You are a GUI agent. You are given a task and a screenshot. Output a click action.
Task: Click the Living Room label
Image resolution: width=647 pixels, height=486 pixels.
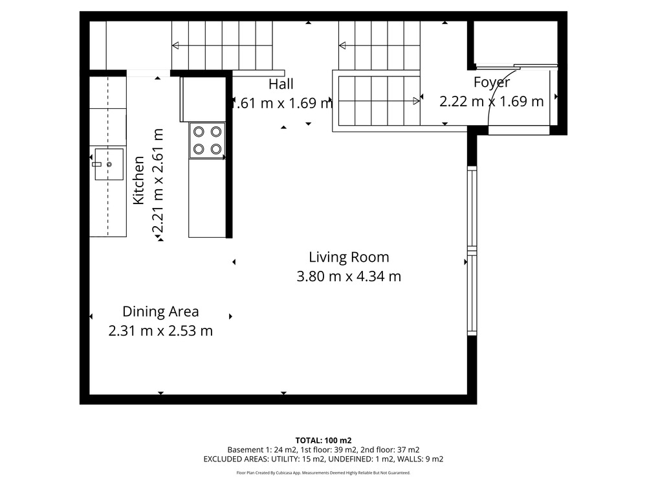pyautogui.click(x=349, y=257)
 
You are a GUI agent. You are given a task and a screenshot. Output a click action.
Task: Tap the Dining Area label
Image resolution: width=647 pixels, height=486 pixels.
pyautogui.click(x=160, y=311)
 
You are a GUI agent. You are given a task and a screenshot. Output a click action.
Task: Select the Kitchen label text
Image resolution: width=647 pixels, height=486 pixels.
pyautogui.click(x=138, y=180)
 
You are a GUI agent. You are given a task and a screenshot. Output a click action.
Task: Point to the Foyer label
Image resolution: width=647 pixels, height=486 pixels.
pyautogui.click(x=492, y=82)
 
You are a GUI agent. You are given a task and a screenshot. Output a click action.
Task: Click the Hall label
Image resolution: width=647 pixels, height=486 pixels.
pyautogui.click(x=281, y=84)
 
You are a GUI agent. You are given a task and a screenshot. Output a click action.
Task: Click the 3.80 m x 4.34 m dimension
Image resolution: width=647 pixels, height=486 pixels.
pyautogui.click(x=349, y=276)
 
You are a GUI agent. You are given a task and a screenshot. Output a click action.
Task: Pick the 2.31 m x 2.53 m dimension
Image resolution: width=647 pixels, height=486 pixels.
pyautogui.click(x=160, y=330)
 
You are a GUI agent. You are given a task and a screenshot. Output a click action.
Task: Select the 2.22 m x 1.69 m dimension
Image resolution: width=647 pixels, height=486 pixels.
pyautogui.click(x=492, y=101)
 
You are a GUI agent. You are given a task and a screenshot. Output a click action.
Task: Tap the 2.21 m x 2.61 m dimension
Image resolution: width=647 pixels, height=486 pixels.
pyautogui.click(x=158, y=181)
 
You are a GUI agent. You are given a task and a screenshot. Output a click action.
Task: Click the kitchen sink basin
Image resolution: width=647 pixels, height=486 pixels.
pyautogui.click(x=109, y=164)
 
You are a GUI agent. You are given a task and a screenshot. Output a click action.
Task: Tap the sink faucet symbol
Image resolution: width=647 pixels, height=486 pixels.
pyautogui.click(x=96, y=164)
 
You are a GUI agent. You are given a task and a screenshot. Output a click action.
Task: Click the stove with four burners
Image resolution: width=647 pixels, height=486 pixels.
pyautogui.click(x=207, y=141)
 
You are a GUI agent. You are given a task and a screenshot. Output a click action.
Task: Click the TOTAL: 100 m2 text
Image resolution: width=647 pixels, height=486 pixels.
pyautogui.click(x=323, y=441)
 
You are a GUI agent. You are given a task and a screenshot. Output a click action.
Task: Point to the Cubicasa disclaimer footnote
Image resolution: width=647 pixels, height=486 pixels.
pyautogui.click(x=323, y=473)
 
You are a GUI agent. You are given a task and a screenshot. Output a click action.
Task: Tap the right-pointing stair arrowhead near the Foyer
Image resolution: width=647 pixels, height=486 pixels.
pyautogui.click(x=416, y=101)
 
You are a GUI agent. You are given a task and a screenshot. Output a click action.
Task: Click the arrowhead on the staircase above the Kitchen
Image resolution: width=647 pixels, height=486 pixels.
pyautogui.click(x=176, y=45)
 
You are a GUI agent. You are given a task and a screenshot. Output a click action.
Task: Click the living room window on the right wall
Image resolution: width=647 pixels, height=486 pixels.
pyautogui.click(x=472, y=251)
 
